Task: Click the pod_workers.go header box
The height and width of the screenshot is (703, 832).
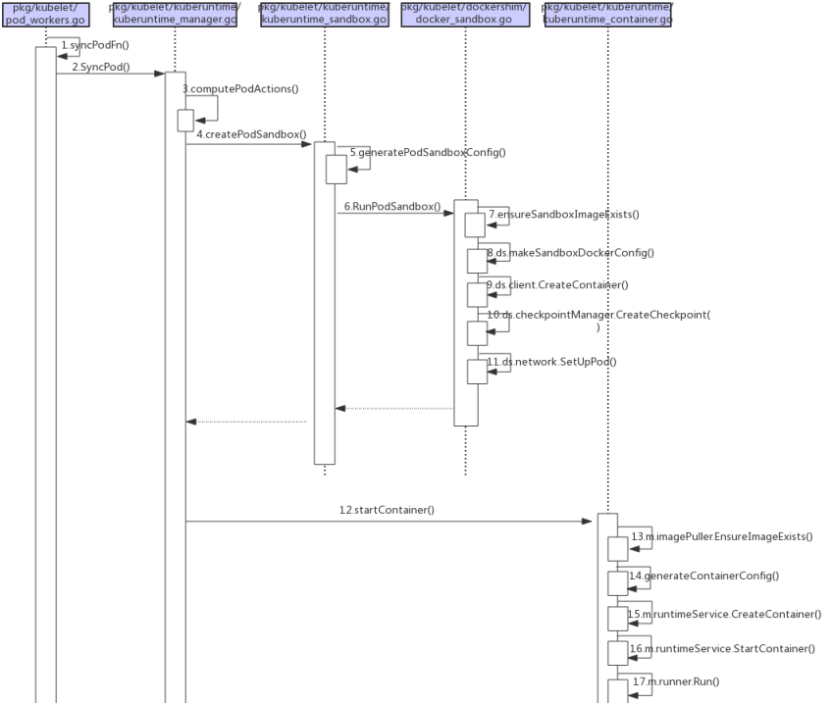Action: (x=45, y=14)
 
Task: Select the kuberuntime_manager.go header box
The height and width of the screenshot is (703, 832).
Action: (x=174, y=14)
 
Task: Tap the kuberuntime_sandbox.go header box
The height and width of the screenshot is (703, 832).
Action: (x=324, y=14)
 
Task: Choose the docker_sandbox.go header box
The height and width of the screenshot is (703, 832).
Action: (x=465, y=14)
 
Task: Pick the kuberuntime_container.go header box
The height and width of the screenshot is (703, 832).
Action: (x=607, y=14)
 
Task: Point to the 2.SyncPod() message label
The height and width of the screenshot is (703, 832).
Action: (x=101, y=67)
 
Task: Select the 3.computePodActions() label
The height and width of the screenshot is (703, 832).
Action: (x=240, y=89)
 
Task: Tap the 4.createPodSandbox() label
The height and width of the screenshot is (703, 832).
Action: (x=251, y=133)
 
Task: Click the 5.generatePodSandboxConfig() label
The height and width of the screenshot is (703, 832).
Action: (x=427, y=153)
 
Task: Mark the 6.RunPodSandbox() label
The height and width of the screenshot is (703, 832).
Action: (x=391, y=208)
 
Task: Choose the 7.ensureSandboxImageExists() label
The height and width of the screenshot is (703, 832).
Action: (x=563, y=214)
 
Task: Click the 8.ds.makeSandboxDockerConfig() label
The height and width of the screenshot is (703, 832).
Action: (x=570, y=253)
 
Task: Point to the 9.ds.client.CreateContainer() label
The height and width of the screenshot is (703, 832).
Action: (x=557, y=285)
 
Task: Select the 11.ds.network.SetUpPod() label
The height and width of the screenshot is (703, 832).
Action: (x=551, y=362)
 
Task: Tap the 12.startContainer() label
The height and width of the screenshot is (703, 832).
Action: (x=387, y=510)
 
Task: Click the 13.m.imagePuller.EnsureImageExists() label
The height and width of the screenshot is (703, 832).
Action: (x=721, y=537)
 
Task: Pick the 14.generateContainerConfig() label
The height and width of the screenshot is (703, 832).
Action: (x=703, y=576)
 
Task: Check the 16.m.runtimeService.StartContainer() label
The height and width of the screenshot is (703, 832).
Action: (x=722, y=649)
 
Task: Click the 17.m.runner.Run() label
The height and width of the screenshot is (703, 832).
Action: (x=676, y=681)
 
